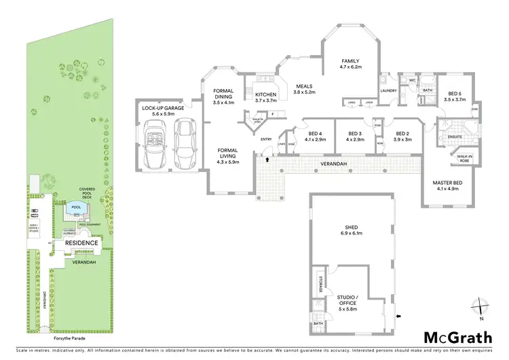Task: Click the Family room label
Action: click(x=352, y=64)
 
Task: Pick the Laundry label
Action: click(x=388, y=90)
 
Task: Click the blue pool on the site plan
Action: click(x=75, y=207)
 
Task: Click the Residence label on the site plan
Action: click(x=82, y=242)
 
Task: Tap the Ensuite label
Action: click(x=455, y=137)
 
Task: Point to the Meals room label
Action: click(x=303, y=89)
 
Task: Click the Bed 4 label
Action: click(x=316, y=136)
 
